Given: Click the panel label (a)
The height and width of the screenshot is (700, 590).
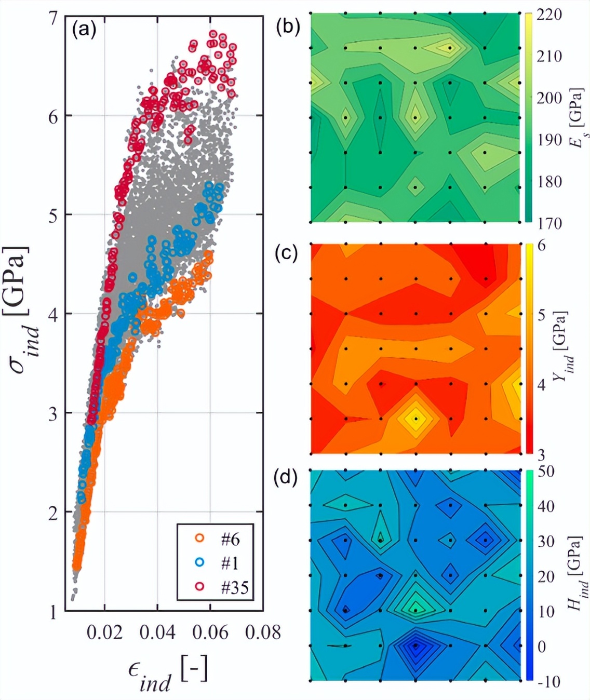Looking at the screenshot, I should (x=84, y=30).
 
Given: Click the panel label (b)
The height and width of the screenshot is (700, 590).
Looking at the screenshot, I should (x=288, y=26).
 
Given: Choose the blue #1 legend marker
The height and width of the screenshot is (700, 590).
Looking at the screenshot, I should (x=199, y=563).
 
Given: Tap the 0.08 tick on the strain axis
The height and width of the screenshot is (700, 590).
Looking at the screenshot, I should (x=263, y=632).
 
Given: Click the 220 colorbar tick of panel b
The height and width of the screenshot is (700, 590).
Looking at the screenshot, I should (x=549, y=15).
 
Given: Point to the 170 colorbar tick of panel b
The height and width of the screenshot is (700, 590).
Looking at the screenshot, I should (x=549, y=223).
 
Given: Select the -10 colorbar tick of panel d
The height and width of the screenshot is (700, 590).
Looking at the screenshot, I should (x=548, y=681).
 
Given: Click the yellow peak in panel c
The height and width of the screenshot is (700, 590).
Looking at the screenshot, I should (x=415, y=419).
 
